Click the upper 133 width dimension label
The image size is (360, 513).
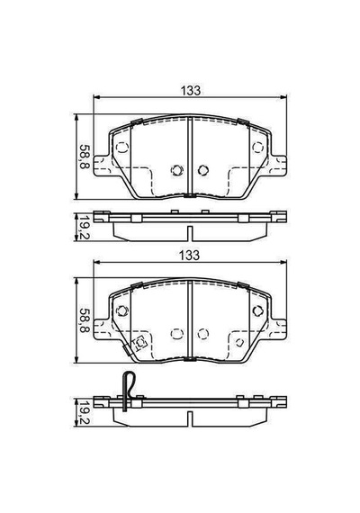coord(191,91)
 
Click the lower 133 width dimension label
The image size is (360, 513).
coord(190,256)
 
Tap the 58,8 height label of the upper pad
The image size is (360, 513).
coord(84,157)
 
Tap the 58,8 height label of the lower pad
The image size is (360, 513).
coord(84,321)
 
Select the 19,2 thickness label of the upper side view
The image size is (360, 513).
coord(84,228)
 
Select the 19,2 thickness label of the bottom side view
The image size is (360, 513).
coord(84,413)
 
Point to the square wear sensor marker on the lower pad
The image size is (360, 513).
coord(140,343)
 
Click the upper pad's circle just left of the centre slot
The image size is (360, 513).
coord(176,170)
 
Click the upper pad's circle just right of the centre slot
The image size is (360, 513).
coord(203,170)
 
